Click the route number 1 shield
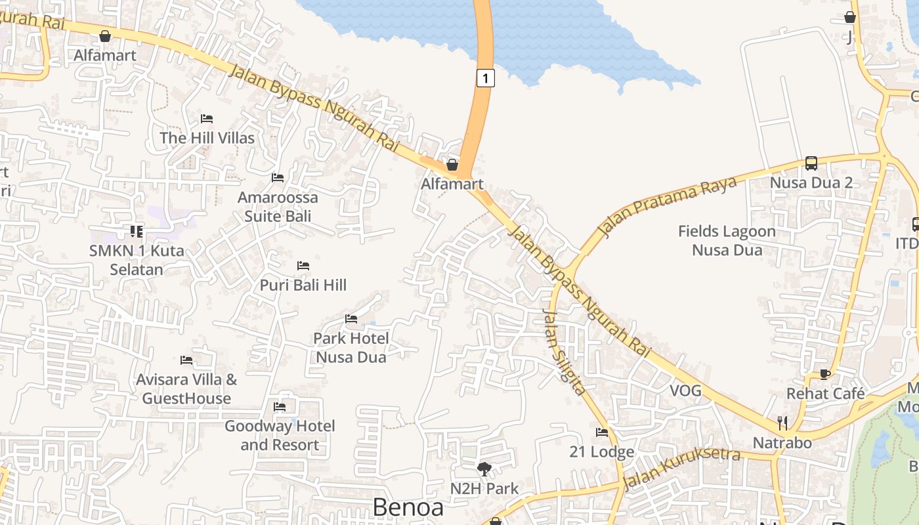485,78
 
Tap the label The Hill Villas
207,138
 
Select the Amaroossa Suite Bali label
277,207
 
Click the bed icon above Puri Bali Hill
303,266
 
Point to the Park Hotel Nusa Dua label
351,348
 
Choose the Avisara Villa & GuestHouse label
186,388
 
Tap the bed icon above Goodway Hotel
280,407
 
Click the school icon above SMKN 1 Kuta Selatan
137,231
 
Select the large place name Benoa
408,507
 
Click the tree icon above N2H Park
484,469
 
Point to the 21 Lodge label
601,451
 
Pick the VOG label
685,391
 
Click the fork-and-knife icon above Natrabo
782,422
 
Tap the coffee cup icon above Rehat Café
825,374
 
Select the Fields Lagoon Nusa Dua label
727,240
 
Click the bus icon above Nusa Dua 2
811,163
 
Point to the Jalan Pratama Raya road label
667,207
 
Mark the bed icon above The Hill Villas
207,119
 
